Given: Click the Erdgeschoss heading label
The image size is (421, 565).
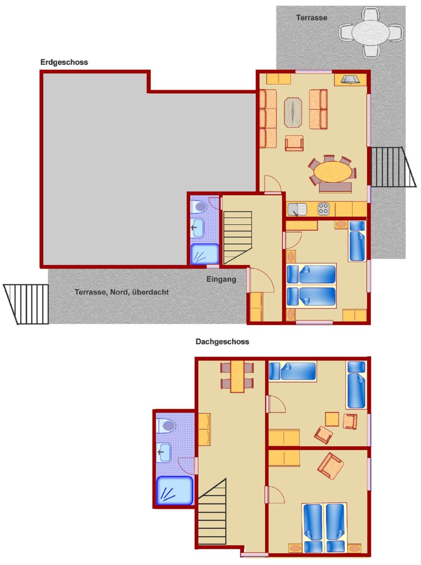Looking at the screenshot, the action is click(x=64, y=62).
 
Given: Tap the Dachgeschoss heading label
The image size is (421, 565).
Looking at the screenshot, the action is click(x=222, y=341).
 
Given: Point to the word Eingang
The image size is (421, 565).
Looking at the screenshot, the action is click(x=221, y=279).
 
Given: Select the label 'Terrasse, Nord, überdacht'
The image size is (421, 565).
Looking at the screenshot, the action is click(x=122, y=292).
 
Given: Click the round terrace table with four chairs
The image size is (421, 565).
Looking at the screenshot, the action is click(x=371, y=33).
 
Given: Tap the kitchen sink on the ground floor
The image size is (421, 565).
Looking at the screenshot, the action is click(x=297, y=209).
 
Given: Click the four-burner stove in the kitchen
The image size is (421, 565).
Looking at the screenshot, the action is click(x=323, y=209).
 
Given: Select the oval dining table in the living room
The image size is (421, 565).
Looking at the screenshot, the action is click(x=333, y=171).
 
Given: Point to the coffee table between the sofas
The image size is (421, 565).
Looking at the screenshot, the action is click(x=293, y=112).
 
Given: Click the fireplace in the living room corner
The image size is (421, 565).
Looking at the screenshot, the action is click(x=350, y=80).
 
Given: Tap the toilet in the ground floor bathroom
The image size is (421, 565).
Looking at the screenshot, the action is click(x=199, y=207).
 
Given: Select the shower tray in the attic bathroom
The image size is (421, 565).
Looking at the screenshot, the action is click(x=175, y=491).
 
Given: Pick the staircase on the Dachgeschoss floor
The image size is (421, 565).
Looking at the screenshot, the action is click(x=212, y=512).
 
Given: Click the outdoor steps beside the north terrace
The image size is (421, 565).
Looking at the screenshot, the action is click(x=26, y=304).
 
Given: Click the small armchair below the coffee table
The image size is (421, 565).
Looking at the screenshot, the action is click(x=294, y=143).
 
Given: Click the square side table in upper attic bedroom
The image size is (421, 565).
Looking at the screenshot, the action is click(x=332, y=419).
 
